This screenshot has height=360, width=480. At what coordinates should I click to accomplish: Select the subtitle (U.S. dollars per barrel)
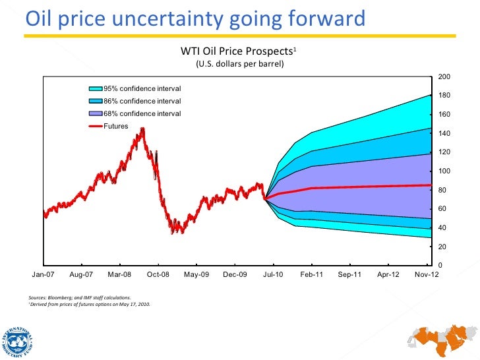[x=240, y=64]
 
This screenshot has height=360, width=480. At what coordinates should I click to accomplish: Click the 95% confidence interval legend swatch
[x=96, y=89]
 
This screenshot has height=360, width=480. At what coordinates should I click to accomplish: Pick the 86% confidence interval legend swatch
[x=96, y=102]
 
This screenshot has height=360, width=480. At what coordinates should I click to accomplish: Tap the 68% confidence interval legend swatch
[x=96, y=113]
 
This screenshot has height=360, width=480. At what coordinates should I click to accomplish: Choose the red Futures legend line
[x=96, y=126]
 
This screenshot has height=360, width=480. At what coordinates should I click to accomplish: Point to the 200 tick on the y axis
[x=444, y=77]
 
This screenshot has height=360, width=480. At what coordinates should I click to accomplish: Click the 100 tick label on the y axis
[x=444, y=171]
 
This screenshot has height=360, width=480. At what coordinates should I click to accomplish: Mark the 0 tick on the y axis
[x=440, y=266]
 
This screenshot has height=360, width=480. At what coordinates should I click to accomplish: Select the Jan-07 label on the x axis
[x=44, y=275]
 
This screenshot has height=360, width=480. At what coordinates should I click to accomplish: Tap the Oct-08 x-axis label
[x=158, y=275]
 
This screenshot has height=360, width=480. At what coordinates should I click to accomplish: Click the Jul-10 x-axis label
[x=273, y=275]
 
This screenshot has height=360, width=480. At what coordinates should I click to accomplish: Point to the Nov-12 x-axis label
[x=425, y=275]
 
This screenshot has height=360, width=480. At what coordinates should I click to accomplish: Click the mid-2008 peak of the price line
[x=142, y=129]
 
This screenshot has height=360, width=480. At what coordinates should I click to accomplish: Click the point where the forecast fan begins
[x=265, y=198]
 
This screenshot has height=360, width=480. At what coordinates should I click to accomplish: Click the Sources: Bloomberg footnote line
[x=83, y=298]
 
